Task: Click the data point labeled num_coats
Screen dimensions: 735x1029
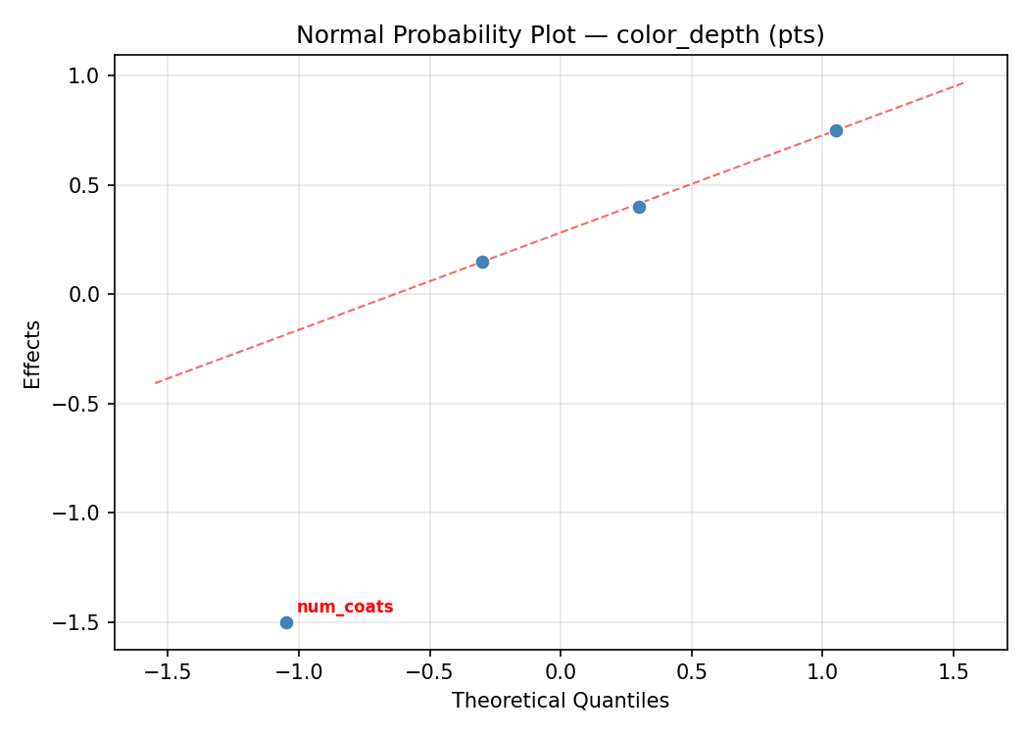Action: pos(286,622)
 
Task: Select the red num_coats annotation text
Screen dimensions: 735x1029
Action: pos(345,608)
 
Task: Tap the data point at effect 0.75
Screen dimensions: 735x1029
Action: pos(836,130)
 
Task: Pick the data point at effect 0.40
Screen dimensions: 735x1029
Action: pos(639,207)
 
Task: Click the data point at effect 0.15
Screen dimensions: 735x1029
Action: pos(482,262)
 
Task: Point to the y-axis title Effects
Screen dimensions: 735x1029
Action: pos(33,354)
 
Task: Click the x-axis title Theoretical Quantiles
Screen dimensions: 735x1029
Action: pos(561,701)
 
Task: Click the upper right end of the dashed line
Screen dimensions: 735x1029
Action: pos(964,82)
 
